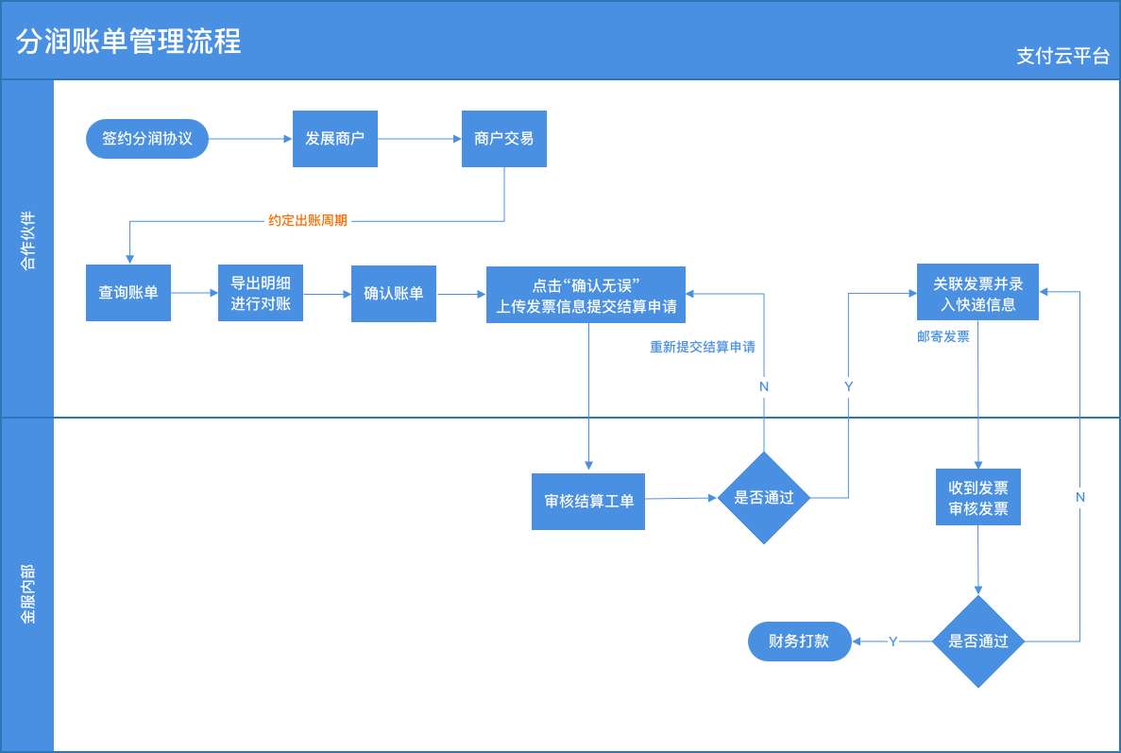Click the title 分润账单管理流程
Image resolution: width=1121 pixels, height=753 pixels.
pos(128,42)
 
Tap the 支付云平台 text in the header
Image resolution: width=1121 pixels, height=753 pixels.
pos(1062,57)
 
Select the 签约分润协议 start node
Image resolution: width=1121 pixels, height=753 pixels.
pos(147,139)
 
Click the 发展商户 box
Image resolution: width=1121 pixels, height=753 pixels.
pos(334,139)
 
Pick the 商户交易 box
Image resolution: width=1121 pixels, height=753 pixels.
pos(503,139)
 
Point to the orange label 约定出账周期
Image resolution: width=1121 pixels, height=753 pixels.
pos(308,221)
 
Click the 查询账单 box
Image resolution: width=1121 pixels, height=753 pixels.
pos(128,293)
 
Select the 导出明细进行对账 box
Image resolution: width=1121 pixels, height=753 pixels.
pos(261,293)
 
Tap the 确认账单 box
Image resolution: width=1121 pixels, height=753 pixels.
pos(394,294)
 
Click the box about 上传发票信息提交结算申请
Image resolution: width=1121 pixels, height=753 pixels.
pos(586,295)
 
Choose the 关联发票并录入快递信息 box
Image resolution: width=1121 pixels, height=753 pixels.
pos(977,293)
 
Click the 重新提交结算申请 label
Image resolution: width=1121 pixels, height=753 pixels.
pos(703,347)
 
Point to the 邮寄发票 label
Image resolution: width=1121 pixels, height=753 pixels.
pos(943,336)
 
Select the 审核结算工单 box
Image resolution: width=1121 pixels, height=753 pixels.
pos(588,501)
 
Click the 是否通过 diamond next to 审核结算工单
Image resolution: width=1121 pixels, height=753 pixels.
pos(764,498)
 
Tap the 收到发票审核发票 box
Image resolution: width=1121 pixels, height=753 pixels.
pos(977,498)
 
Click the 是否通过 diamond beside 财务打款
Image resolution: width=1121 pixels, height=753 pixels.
pos(978,642)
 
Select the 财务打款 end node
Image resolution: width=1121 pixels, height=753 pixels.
pos(799,642)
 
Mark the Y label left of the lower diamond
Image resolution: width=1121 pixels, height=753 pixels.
pos(892,642)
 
